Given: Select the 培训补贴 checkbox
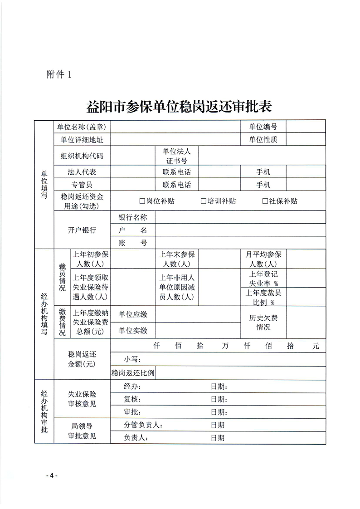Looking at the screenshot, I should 204,201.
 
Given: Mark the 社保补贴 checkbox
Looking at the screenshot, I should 265,201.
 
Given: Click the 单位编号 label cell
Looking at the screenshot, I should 263,127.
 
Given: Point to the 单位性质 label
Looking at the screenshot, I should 263,140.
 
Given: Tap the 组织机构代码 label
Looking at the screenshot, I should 82,156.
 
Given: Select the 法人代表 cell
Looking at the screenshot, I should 82,172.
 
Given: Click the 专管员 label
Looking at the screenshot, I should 82,185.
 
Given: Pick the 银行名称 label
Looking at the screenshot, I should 133,217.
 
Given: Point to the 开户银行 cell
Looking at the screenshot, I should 82,230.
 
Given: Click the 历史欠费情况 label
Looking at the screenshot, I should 263,323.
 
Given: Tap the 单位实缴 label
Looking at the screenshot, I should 133,331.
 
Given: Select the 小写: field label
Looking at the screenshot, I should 132,360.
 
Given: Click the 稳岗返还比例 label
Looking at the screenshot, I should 133,373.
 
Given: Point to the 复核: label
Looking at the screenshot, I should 132,400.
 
